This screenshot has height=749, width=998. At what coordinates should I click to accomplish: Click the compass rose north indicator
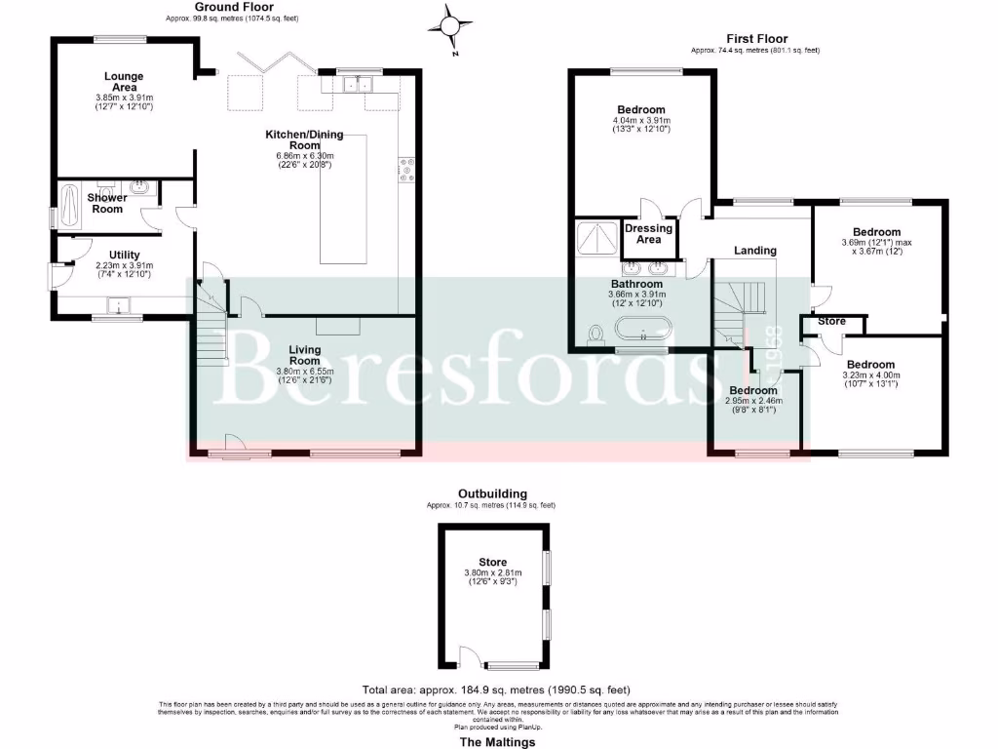click(450, 25)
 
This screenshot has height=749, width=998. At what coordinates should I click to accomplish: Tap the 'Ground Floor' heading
click(232, 7)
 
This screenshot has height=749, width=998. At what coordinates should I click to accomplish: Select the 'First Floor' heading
click(756, 39)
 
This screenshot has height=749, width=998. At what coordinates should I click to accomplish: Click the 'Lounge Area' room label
click(125, 82)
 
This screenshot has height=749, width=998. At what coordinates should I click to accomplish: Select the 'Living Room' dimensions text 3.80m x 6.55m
click(305, 371)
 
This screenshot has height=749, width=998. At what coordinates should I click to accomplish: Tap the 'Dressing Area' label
click(648, 234)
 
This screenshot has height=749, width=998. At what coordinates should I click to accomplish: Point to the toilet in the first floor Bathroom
click(596, 335)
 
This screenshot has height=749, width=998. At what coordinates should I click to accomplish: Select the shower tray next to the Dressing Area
click(596, 237)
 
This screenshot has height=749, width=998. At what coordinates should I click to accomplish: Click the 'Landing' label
click(755, 251)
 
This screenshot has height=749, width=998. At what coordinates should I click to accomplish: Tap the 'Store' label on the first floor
click(831, 320)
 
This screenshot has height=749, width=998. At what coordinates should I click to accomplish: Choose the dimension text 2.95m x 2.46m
click(756, 400)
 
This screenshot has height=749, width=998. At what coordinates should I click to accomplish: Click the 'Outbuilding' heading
click(492, 494)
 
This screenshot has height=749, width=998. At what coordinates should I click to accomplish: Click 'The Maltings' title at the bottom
click(497, 742)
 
